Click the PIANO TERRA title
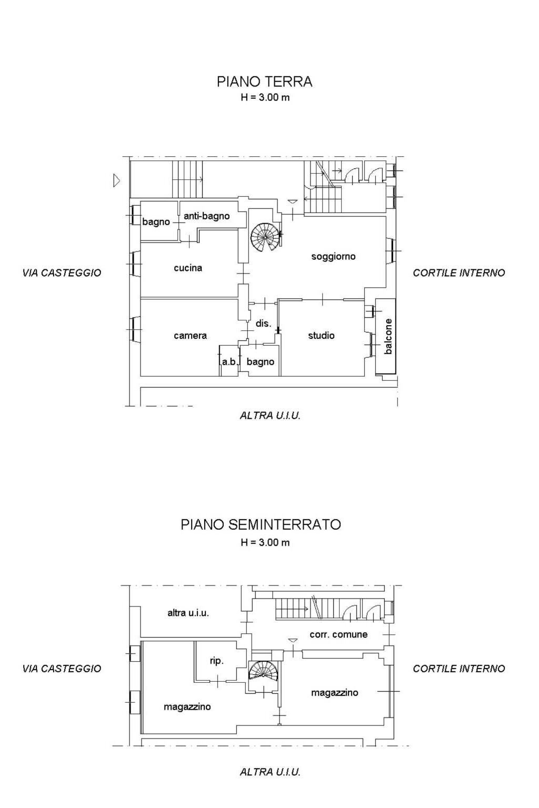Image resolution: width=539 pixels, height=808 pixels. click(264, 82)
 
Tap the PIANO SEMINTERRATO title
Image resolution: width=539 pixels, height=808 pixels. click(261, 524)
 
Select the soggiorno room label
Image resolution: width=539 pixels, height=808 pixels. click(333, 257)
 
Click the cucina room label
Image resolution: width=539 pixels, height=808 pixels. click(188, 268)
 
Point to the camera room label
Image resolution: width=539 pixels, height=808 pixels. click(190, 336)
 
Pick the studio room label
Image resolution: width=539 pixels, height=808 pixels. click(321, 336)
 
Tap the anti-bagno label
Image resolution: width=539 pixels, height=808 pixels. click(206, 216)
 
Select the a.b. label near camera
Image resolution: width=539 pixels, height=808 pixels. click(229, 362)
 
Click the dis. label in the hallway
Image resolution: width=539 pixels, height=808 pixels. click(263, 324)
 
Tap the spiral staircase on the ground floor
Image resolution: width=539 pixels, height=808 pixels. click(265, 238)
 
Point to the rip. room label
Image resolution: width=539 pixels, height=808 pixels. click(217, 661)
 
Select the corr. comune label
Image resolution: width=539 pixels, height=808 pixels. click(338, 634)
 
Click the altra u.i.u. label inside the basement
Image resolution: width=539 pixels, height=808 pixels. click(188, 613)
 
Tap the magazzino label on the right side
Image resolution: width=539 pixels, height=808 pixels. click(334, 693)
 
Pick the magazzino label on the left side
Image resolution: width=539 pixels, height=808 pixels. click(187, 706)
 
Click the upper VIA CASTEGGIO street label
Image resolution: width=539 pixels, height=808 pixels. click(62, 273)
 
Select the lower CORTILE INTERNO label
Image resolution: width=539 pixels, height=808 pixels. click(458, 669)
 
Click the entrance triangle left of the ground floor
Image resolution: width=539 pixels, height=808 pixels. click(116, 181)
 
